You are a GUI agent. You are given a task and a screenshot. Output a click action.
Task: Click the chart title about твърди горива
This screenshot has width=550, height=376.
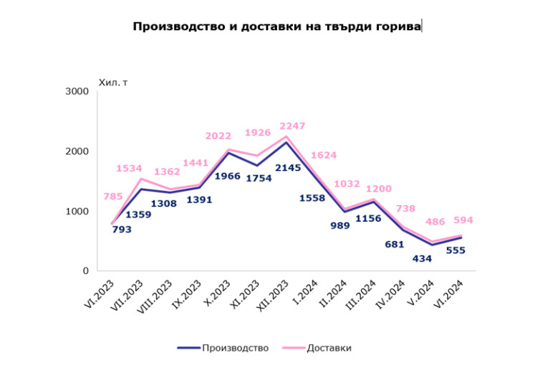coord(277,27)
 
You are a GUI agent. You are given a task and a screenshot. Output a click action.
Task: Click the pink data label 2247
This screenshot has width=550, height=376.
coord(292,126)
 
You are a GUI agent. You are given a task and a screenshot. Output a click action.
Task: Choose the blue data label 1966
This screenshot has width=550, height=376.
coord(227,176)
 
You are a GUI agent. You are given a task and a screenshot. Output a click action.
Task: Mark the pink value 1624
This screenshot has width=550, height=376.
coord(324,155)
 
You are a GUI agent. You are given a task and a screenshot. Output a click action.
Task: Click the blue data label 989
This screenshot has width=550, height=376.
coord(339,225)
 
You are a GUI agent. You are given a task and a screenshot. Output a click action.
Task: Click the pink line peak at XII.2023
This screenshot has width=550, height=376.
coord(286,136)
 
